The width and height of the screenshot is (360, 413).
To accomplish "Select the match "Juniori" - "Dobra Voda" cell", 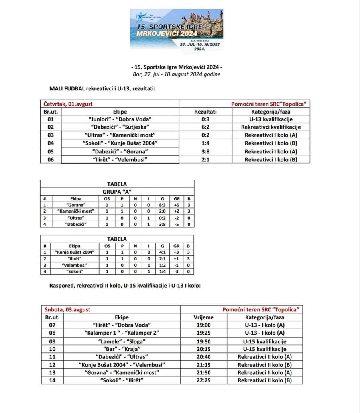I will point(120,119).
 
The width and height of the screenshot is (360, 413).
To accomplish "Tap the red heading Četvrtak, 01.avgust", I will point(68,104).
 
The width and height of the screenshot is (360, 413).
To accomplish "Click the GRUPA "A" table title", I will point(117,192).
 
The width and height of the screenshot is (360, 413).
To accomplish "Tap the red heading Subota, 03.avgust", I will point(67,309).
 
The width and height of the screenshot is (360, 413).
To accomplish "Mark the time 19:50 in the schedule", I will point(203,341).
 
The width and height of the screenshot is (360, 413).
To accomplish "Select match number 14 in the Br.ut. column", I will point(52,380).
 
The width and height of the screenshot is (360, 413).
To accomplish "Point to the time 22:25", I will point(203,380).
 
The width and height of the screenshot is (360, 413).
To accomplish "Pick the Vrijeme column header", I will point(203,317).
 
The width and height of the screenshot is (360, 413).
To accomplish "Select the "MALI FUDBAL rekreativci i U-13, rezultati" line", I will point(102,88).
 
